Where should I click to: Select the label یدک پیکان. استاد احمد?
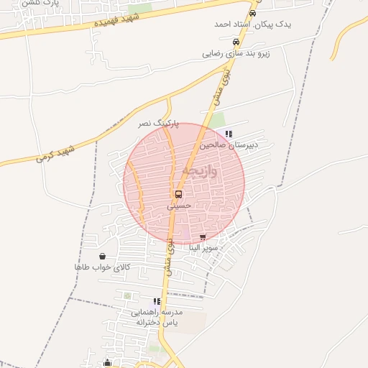(x=253, y=24)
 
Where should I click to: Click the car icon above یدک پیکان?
(x=252, y=13)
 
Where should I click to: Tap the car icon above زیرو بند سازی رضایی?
(x=235, y=42)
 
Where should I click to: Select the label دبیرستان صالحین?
(x=229, y=144)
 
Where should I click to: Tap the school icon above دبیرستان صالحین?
(x=229, y=134)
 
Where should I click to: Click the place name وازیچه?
(x=199, y=171)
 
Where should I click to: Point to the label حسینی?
(x=179, y=205)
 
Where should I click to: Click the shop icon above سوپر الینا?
(x=203, y=236)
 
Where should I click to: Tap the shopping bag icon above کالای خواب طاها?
(x=102, y=256)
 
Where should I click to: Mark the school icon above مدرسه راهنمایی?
(x=157, y=301)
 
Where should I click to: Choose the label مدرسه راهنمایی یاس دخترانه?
(x=157, y=318)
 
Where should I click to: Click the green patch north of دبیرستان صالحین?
(x=216, y=120)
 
